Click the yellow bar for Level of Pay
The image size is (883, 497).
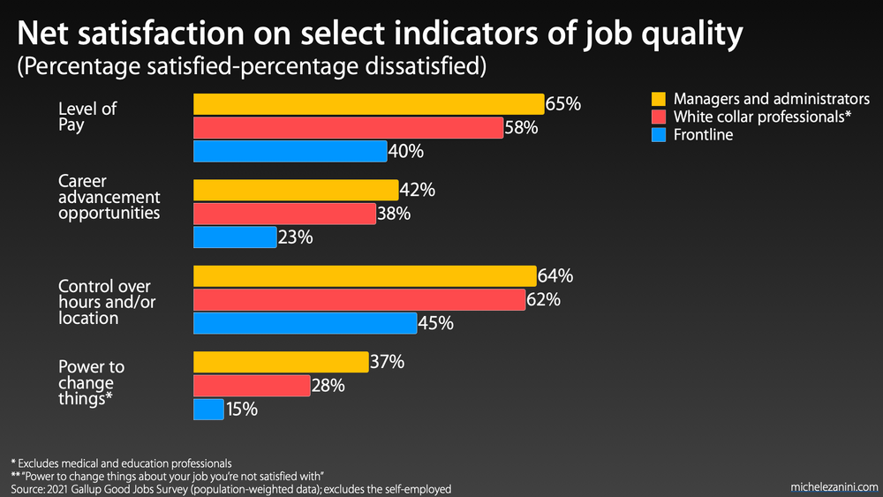[368, 104]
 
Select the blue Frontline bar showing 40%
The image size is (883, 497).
[290, 151]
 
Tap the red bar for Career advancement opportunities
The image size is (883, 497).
[284, 214]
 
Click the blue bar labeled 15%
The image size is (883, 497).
[208, 410]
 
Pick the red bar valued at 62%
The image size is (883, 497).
[359, 300]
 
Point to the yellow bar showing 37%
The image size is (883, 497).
[281, 362]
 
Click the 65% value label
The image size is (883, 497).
[563, 104]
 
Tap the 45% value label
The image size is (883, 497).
[435, 324]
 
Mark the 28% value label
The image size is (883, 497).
[328, 386]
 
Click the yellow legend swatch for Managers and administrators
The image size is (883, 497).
[658, 99]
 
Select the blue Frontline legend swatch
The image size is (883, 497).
[658, 135]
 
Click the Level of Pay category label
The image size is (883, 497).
[87, 117]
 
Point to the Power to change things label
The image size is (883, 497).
[91, 383]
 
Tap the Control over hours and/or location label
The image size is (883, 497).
[103, 302]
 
